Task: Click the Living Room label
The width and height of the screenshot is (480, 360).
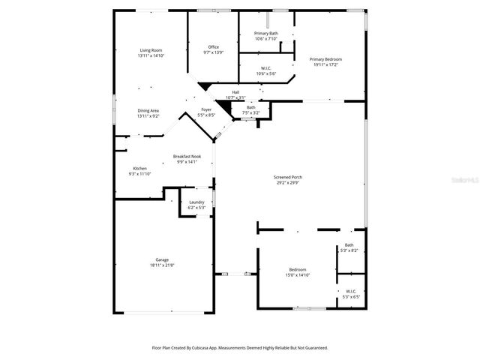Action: pos(151,50)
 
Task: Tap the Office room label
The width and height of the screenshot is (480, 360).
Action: pos(214,47)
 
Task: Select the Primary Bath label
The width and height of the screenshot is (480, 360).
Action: pos(266,34)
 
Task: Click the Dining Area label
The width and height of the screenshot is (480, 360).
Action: pos(148,110)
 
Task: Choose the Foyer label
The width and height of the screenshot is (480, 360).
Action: pos(206,110)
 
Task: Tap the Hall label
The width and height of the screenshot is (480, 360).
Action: pos(235,92)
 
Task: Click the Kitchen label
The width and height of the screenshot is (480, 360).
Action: pos(140,168)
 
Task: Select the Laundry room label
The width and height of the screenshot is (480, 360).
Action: pos(197,202)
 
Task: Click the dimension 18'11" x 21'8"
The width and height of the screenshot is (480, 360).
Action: pos(161,265)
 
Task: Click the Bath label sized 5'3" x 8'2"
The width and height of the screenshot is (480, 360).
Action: pos(349,244)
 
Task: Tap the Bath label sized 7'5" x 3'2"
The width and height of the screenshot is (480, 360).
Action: pos(250,107)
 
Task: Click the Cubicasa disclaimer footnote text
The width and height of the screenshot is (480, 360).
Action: pos(240,348)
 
